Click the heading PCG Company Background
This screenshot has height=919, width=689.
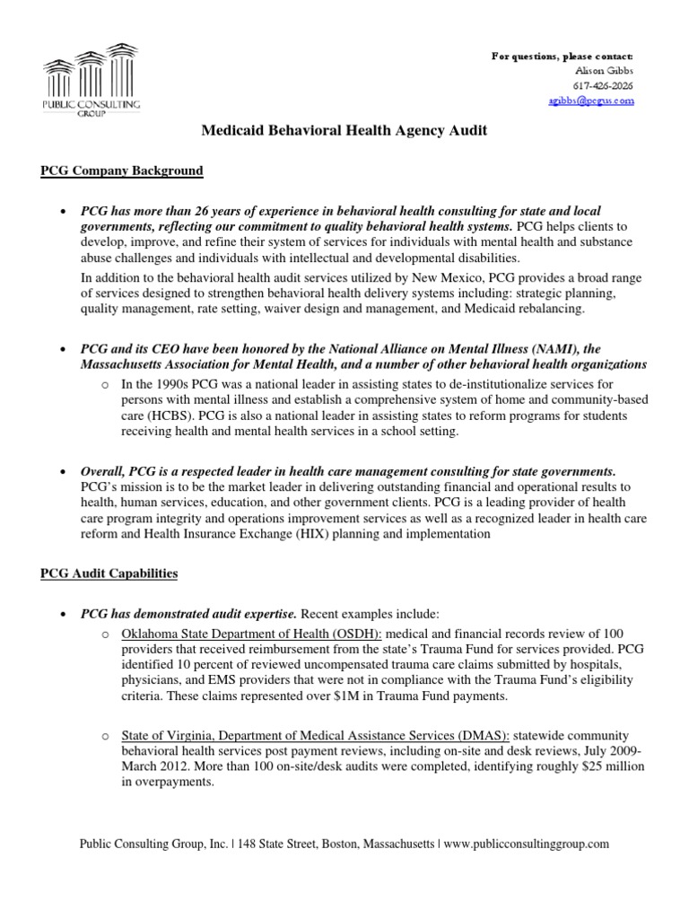click(x=122, y=170)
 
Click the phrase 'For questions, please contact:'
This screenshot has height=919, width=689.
click(x=563, y=57)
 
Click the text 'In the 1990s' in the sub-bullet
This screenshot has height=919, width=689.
click(x=153, y=383)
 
